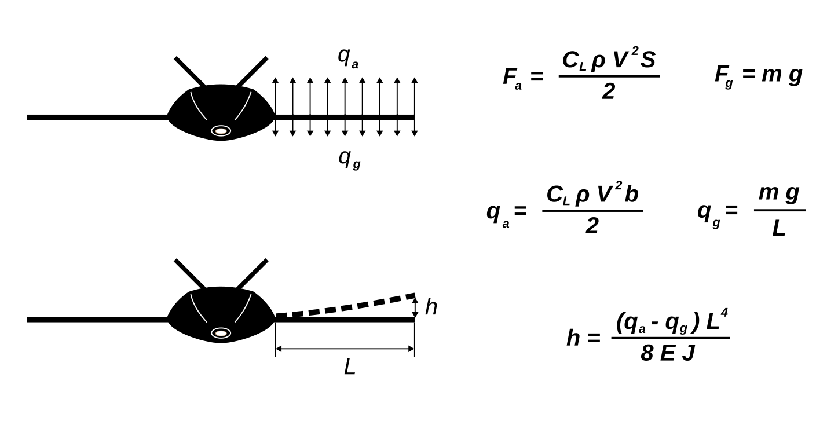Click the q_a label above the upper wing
click(347, 57)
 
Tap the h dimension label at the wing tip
click(431, 307)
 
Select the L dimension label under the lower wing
click(349, 367)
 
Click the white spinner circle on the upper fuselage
click(221, 131)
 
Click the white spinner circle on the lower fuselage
click(221, 333)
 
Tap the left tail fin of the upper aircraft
click(189, 72)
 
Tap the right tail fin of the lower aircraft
click(252, 274)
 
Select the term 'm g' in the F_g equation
click(781, 75)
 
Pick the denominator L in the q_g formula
click(779, 229)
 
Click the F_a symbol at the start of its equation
click(512, 77)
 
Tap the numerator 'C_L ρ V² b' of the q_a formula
click(592, 195)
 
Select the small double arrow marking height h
click(415, 307)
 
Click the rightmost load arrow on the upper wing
click(415, 107)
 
